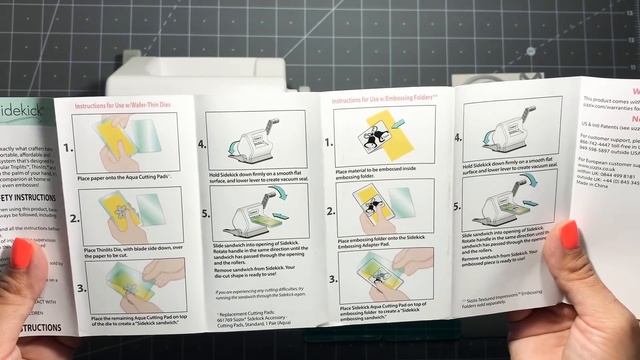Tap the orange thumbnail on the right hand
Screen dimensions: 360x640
coord(571,236)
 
